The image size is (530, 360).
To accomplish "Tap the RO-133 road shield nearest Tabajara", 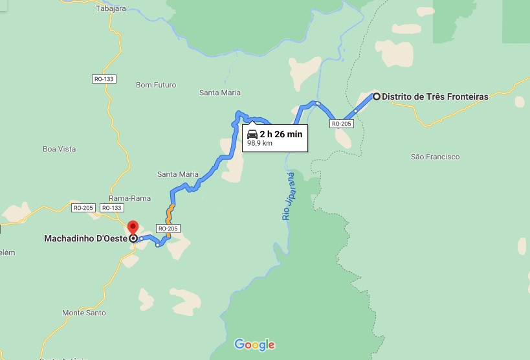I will [104, 78].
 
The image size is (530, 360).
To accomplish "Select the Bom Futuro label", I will [156, 85].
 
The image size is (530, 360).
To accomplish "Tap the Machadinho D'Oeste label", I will [85, 238].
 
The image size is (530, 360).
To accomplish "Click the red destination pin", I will [133, 228].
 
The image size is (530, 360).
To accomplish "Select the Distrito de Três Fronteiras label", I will [435, 97].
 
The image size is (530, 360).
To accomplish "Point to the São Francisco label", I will [435, 157].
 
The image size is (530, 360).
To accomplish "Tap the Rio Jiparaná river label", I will [288, 196].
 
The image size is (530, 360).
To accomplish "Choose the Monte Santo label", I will [84, 313].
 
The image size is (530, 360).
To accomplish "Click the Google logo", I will [254, 344].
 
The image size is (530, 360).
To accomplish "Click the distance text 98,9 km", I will [259, 144].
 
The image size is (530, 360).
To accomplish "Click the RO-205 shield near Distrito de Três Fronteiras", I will [341, 124].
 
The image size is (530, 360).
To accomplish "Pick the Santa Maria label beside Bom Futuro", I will [220, 93].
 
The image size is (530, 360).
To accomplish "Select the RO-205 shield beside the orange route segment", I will [168, 229].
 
